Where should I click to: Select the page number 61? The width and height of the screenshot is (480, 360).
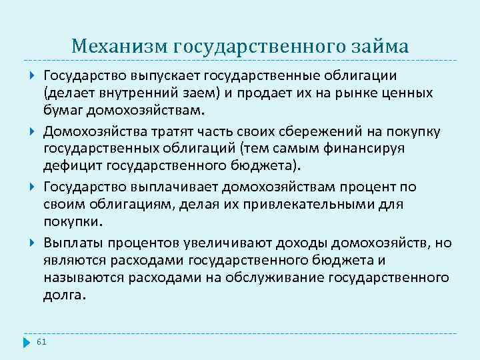(x=41, y=341)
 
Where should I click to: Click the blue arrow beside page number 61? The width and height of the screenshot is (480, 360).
(x=27, y=342)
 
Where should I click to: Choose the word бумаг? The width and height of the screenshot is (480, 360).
(x=61, y=109)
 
